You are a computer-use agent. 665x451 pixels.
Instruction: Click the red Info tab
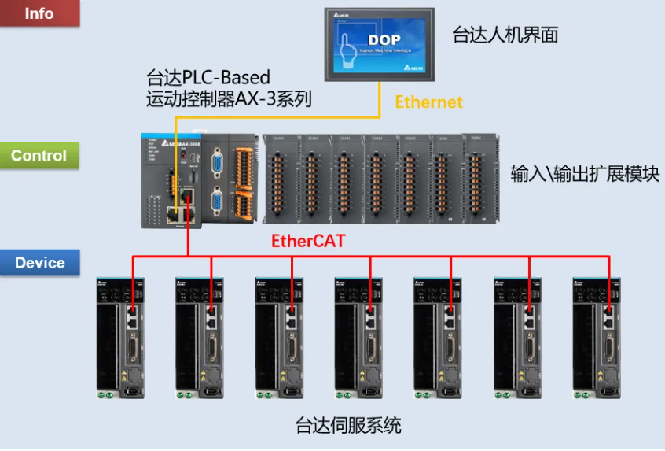[39, 13]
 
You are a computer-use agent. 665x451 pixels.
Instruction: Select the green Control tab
[39, 155]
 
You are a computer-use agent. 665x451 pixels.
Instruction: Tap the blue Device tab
[39, 262]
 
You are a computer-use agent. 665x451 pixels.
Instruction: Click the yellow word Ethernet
[428, 102]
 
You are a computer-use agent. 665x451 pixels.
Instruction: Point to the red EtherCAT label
[308, 241]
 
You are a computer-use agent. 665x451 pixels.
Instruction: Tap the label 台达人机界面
[505, 35]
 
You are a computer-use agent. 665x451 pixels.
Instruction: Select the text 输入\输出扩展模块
[585, 173]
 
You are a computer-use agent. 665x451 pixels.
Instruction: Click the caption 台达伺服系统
[348, 426]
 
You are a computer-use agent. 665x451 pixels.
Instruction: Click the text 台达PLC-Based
[208, 77]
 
